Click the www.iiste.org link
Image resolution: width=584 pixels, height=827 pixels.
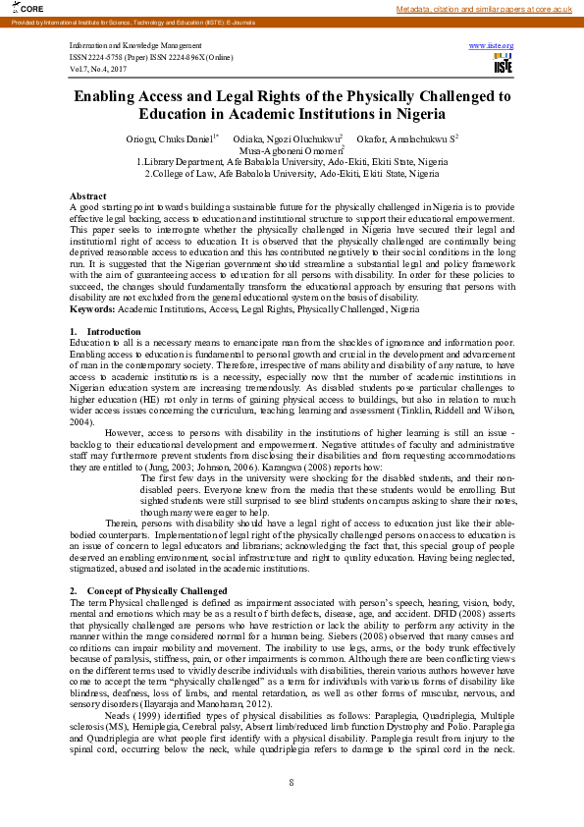point(491,46)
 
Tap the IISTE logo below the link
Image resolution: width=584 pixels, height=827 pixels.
point(503,64)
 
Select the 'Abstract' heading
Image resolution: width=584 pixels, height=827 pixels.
point(88,197)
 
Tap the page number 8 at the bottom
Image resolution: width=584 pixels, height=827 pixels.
point(292,781)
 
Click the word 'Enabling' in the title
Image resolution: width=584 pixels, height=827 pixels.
point(111,97)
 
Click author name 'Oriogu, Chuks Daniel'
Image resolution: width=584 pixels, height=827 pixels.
point(170,139)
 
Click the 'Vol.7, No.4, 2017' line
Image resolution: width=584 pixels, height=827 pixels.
point(98,68)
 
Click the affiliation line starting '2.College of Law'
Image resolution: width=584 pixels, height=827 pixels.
point(292,173)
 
